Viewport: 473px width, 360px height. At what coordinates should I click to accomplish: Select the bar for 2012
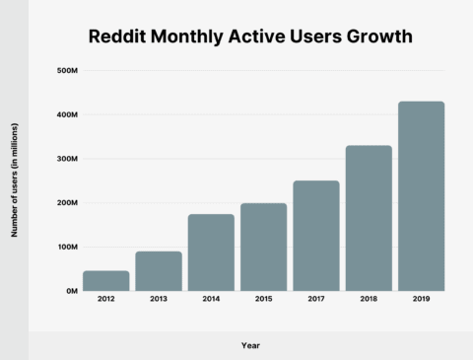pos(105,281)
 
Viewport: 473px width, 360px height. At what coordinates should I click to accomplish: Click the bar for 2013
pos(158,271)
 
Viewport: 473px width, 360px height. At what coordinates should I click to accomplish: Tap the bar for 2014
pos(211,252)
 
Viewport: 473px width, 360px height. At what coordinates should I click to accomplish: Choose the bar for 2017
pos(315,236)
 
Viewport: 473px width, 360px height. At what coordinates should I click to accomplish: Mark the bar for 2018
pos(369,218)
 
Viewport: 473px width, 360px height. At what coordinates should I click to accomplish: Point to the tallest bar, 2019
pos(421,196)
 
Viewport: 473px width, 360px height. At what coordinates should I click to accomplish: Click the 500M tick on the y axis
pos(67,71)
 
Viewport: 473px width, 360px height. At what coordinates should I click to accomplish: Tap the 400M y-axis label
pos(67,115)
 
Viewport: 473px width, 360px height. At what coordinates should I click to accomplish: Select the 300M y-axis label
pos(67,159)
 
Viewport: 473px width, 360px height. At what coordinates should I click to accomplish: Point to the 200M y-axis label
pos(67,203)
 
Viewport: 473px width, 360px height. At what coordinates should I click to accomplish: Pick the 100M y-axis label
pos(67,248)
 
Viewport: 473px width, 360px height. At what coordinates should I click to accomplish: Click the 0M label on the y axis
pos(72,291)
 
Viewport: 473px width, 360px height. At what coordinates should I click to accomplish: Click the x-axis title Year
pos(251,345)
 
